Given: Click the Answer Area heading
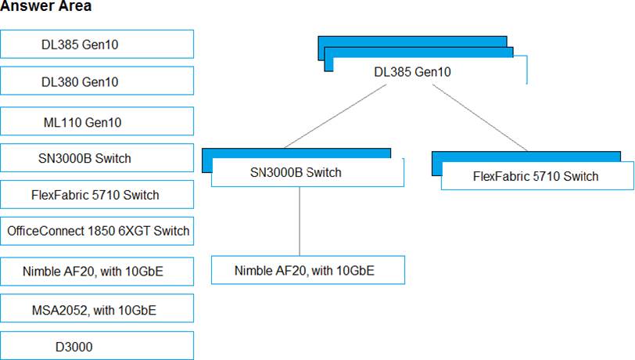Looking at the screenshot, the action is point(46,5).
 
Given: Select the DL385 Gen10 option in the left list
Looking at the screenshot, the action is point(97,44).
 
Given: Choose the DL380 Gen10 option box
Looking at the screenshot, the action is point(97,81).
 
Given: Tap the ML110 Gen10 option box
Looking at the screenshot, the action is point(97,121).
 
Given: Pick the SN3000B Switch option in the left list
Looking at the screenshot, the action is point(97,158).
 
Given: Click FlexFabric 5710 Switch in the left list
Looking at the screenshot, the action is point(97,195).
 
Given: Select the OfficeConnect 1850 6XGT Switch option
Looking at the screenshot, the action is point(97,231).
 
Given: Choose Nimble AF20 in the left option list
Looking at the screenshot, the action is point(97,272).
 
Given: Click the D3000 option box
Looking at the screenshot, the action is point(97,345).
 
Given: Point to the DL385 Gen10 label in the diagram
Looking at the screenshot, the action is point(412,72).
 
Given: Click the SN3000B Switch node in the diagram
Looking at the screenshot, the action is point(308,172).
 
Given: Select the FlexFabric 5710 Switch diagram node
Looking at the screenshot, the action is point(537,176).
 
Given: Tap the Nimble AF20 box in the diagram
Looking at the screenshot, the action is point(308,270).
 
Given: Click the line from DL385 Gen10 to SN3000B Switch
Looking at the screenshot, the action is point(335,116).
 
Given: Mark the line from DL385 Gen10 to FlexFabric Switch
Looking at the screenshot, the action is point(480,117).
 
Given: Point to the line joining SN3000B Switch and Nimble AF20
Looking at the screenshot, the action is point(300,221).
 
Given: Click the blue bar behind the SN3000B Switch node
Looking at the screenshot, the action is point(296,153).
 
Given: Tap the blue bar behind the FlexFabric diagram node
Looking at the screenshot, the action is point(526,157).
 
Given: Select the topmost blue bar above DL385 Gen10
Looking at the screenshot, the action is point(412,41).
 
